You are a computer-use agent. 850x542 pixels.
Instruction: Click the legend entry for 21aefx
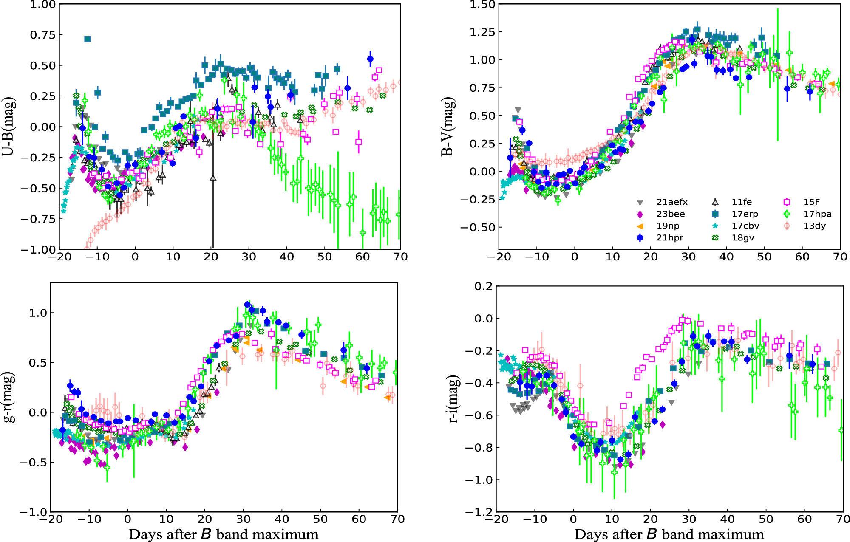tap(671, 202)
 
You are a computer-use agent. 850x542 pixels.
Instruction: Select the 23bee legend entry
tap(670, 214)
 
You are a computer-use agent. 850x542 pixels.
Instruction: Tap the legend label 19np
tap(668, 226)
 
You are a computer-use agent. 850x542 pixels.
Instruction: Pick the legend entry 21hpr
tap(669, 238)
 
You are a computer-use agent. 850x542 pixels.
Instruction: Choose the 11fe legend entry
tap(741, 202)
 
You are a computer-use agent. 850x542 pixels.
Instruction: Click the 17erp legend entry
tap(745, 214)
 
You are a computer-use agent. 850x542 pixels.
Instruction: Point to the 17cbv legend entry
tap(745, 226)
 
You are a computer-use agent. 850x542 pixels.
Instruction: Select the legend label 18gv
tap(742, 238)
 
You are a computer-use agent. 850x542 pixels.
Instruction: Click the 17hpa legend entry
tap(817, 214)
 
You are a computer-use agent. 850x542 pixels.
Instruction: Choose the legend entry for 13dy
tap(814, 226)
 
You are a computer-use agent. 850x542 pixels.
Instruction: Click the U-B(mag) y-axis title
tap(9, 127)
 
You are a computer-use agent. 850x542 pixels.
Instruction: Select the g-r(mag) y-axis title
tap(9, 397)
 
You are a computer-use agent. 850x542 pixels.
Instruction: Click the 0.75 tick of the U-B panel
tap(43, 35)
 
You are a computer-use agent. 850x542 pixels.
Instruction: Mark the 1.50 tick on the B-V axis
tap(482, 5)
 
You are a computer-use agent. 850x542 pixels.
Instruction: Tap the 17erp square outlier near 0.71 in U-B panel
tap(88, 39)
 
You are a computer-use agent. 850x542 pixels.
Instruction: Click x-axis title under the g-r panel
tap(224, 534)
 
